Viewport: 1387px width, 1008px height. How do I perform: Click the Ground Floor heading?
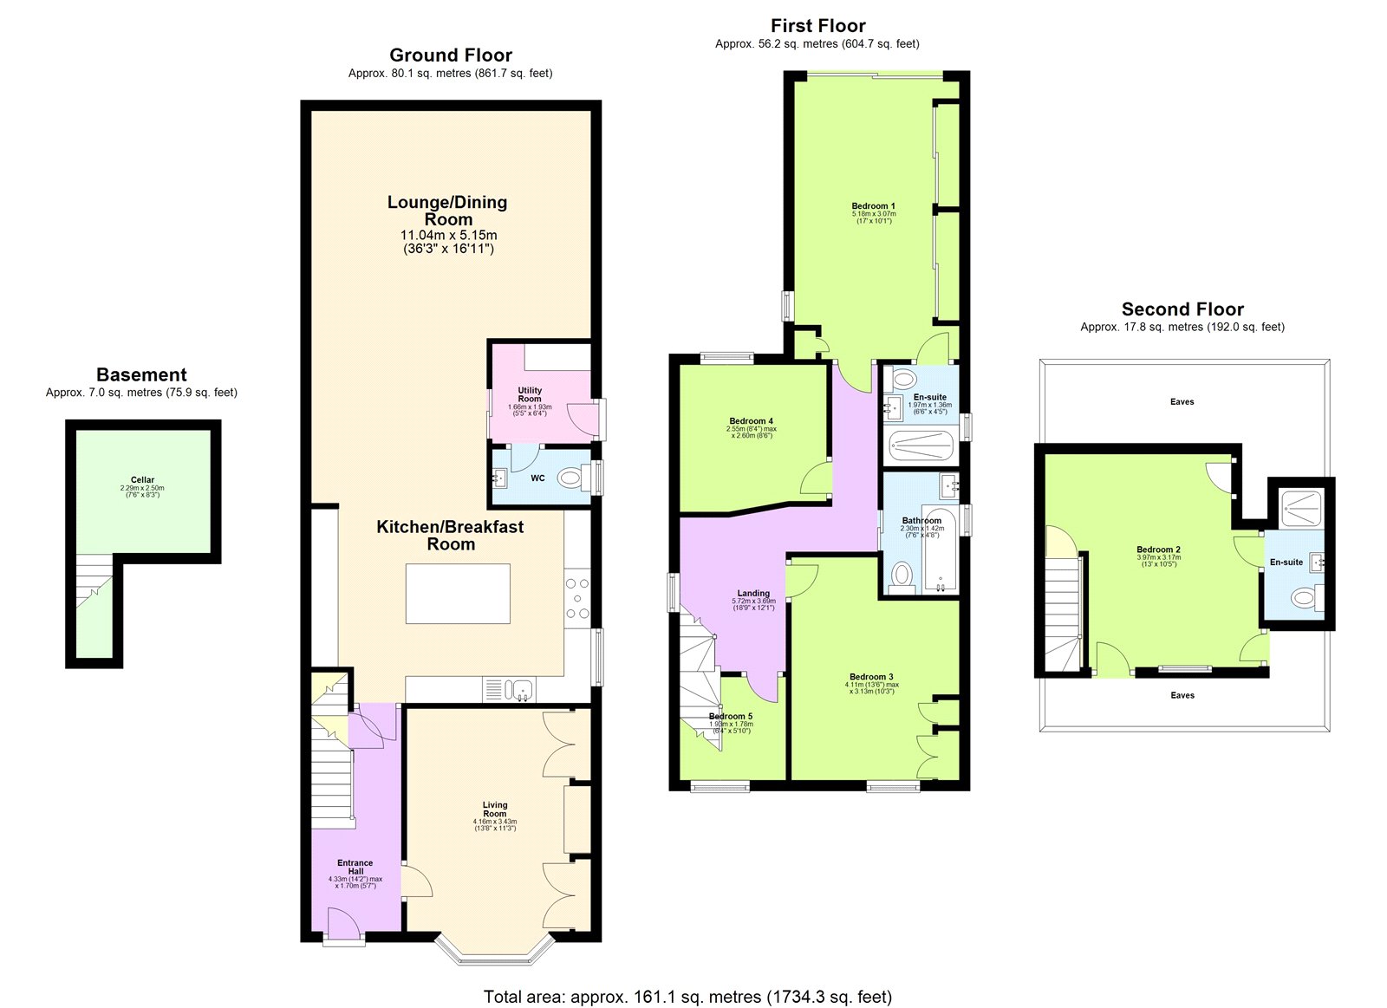click(450, 55)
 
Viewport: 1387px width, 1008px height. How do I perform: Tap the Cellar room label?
click(142, 479)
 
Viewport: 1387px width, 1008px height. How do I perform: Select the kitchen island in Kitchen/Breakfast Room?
click(458, 593)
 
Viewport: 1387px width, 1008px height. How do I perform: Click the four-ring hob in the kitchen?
click(577, 598)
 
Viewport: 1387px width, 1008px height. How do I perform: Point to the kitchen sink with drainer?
click(511, 690)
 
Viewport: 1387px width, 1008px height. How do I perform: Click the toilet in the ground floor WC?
click(571, 478)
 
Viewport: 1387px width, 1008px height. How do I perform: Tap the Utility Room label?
click(530, 394)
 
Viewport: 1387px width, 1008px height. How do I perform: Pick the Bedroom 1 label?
click(873, 206)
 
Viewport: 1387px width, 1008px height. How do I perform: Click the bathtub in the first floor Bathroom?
click(940, 550)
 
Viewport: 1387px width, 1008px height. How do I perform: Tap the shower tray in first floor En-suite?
click(921, 445)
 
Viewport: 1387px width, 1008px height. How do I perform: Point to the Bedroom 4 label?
click(751, 421)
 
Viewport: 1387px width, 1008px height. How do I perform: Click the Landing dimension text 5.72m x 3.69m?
click(752, 602)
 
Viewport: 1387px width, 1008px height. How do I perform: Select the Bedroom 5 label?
click(731, 716)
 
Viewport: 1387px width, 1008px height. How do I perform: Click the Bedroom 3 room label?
click(871, 677)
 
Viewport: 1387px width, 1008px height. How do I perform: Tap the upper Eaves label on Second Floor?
click(1182, 401)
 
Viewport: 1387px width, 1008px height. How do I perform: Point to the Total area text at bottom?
click(687, 997)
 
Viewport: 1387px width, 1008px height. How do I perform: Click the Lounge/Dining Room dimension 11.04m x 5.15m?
click(448, 235)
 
